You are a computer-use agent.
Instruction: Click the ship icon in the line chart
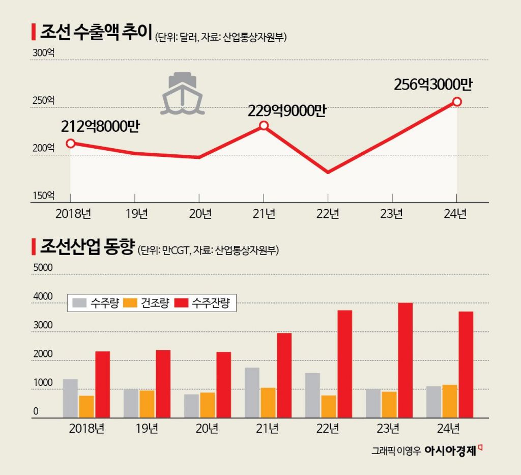(x=182, y=93)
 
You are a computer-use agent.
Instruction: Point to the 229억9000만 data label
(x=286, y=110)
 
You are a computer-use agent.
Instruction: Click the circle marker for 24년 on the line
(x=457, y=102)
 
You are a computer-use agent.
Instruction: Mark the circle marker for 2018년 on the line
(x=71, y=143)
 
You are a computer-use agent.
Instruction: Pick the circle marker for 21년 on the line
(x=264, y=125)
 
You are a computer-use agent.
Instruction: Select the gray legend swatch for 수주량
(x=79, y=303)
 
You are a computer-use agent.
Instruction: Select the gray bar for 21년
(x=252, y=392)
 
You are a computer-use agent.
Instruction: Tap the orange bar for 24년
(x=450, y=401)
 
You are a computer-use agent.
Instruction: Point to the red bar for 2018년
(x=102, y=384)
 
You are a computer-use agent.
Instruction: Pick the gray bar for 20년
(x=191, y=406)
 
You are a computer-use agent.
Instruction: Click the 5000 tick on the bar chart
(x=42, y=267)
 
